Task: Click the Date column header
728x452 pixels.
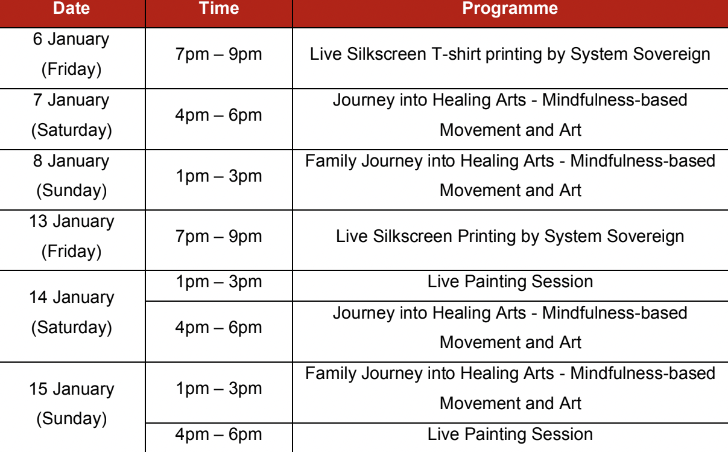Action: [x=71, y=8]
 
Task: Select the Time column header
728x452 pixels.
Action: [x=219, y=8]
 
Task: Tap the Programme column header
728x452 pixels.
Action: [x=510, y=8]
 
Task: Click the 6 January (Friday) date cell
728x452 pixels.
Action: [x=71, y=54]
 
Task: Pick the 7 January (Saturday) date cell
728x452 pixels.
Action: [x=72, y=115]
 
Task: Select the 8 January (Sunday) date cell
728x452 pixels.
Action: [x=72, y=176]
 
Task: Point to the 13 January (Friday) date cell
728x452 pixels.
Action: [x=72, y=236]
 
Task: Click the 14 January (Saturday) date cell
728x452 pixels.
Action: [x=72, y=312]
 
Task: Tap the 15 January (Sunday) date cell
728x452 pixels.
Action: [x=72, y=404]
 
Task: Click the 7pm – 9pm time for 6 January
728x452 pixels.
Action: [x=219, y=54]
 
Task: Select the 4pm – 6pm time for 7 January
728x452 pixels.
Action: [x=219, y=115]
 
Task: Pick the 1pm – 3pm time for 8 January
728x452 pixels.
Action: [x=219, y=176]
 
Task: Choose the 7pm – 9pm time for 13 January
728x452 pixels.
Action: [x=219, y=237]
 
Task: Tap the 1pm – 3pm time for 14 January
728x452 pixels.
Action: [x=219, y=282]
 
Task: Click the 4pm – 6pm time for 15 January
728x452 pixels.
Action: [x=219, y=434]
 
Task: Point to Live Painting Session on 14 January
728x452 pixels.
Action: [x=510, y=282]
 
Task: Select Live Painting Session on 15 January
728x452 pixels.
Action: [x=510, y=434]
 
